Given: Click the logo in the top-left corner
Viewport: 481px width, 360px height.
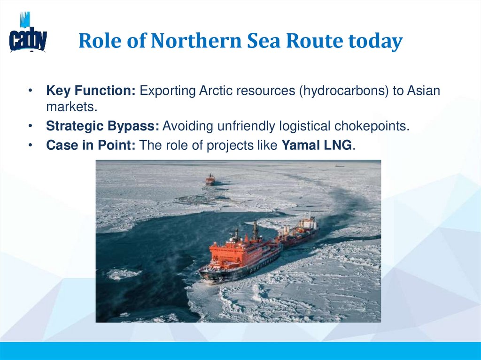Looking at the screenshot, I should (28, 34).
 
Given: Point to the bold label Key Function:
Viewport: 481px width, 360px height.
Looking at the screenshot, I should (91, 91).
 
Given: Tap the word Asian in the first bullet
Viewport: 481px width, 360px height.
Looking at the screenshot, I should (424, 91).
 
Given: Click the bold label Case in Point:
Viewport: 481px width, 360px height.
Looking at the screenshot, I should (91, 146).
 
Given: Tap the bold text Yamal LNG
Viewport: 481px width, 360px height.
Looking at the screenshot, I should (316, 146).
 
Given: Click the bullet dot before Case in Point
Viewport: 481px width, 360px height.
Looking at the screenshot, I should (31, 146).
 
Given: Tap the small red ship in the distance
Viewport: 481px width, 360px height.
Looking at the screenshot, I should (210, 179).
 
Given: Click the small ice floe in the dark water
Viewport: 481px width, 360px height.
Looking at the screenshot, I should (123, 274).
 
